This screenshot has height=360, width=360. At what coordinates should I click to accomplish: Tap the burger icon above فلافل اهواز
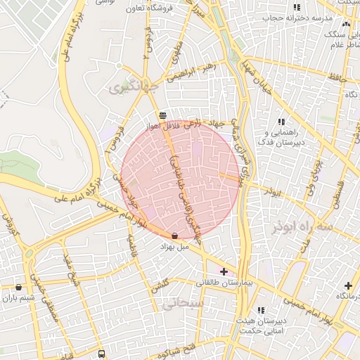pos(162,115)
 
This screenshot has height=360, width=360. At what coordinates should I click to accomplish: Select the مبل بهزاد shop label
pos(174,247)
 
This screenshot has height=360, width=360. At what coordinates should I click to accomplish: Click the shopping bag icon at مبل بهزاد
pos(174,236)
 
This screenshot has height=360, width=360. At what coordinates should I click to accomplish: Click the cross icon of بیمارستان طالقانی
pos(224,271)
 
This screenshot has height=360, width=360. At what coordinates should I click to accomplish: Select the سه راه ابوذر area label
pos(304,227)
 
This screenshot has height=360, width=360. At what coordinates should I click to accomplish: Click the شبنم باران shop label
pos(18,298)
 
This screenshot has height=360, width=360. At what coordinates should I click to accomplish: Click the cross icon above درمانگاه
pos(348,285)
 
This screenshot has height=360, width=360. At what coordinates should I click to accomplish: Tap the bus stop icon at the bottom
pos(101,354)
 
